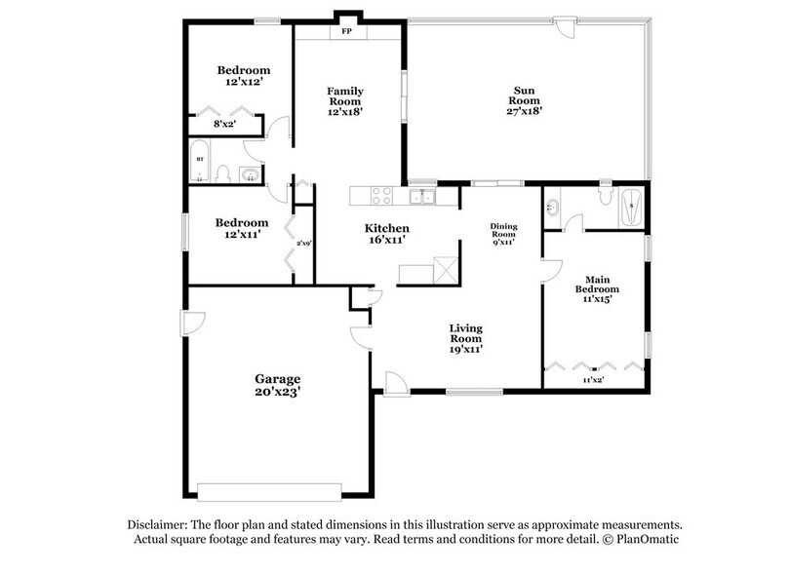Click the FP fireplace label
coord(345,31)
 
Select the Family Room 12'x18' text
coord(345,100)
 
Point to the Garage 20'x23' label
coord(278,385)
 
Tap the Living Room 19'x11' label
coord(466,337)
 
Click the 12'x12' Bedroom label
coord(243,76)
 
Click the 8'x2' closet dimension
coord(225,124)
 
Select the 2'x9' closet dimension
coord(303,244)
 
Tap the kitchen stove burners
coord(379,195)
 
